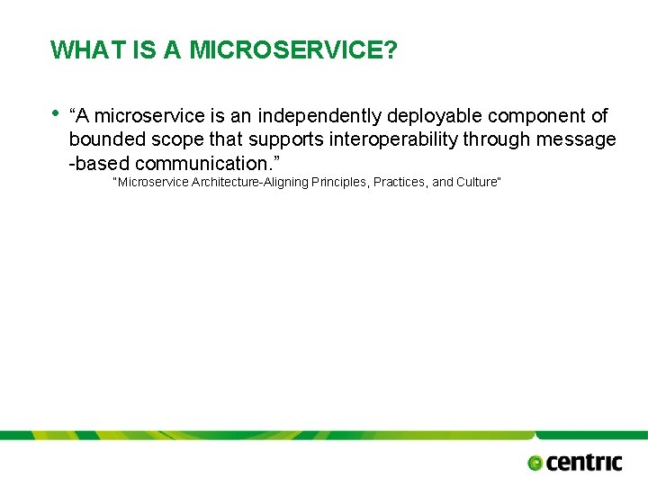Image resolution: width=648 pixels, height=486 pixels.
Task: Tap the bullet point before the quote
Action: (57, 113)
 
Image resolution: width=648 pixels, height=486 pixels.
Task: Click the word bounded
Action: (105, 139)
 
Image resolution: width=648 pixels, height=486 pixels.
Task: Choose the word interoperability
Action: (392, 139)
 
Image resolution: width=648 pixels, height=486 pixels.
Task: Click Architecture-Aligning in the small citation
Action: (244, 183)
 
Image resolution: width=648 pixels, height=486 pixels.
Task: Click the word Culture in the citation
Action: (475, 183)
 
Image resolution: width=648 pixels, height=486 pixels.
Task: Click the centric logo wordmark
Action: (584, 462)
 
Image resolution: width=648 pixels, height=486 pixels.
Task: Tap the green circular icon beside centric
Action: (535, 463)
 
